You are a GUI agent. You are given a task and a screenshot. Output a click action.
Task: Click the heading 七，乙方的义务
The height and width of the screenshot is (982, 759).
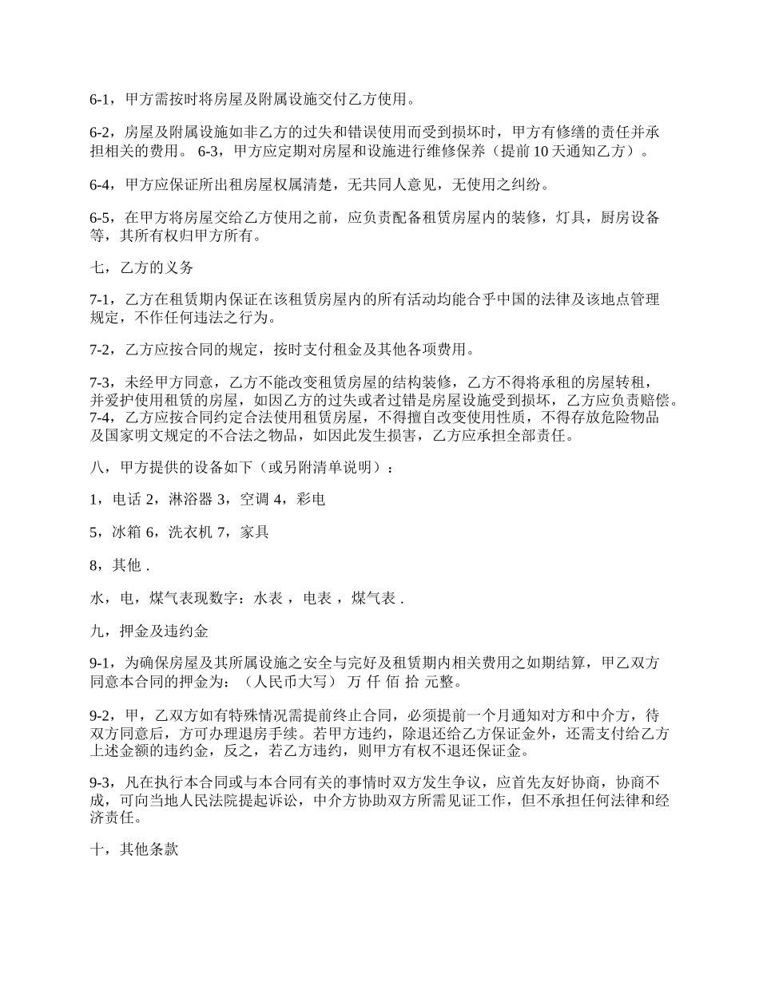(x=141, y=268)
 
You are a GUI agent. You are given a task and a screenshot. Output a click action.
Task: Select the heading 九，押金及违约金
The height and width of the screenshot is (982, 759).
(x=148, y=631)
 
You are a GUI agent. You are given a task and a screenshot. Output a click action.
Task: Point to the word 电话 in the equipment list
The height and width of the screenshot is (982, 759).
(x=126, y=500)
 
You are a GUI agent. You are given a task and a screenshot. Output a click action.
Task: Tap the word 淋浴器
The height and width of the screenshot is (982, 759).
(x=191, y=500)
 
